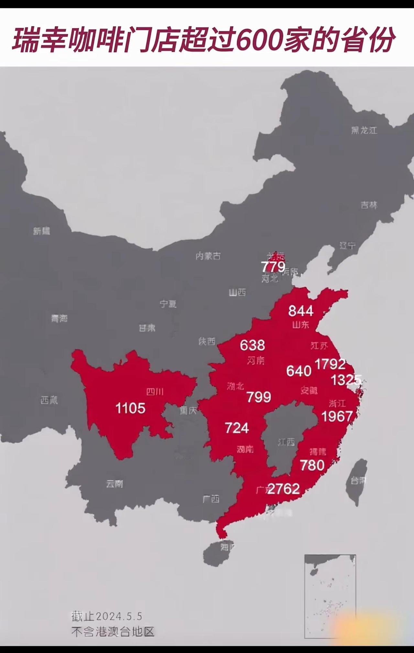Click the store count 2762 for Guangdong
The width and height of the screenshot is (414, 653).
[x=284, y=489]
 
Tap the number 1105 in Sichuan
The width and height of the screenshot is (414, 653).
[x=130, y=408]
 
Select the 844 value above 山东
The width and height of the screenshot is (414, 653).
[x=301, y=311]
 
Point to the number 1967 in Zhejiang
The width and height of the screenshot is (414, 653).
[x=337, y=416]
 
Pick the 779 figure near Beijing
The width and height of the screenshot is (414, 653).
[x=273, y=267]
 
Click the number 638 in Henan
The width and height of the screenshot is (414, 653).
[x=252, y=345]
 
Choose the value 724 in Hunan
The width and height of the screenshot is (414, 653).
[x=237, y=428]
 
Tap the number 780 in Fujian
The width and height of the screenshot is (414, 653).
[x=312, y=465]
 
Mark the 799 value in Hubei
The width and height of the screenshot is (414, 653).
[x=259, y=397]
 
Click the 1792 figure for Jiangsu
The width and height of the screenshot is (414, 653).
[x=330, y=364]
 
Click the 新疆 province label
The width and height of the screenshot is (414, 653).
[x=41, y=231]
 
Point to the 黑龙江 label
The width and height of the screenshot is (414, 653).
[x=364, y=130]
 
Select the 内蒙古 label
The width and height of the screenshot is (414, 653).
[x=208, y=256]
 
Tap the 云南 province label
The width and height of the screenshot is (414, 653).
[x=114, y=484]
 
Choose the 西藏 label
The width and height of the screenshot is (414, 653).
[x=49, y=400]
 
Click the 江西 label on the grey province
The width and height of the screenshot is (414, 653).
[x=286, y=442]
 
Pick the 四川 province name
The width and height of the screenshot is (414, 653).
[x=155, y=392]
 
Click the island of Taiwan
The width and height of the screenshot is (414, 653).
[x=357, y=481]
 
